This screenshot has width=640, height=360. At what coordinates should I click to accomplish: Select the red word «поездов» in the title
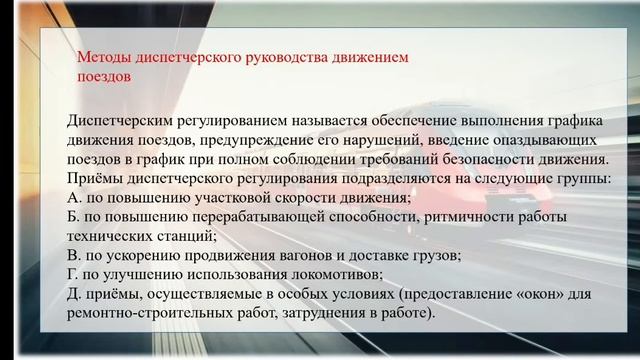tap(103, 76)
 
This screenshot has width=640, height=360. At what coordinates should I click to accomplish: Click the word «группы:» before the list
tap(585, 178)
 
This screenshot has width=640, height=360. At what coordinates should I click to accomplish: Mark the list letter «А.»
tap(77, 197)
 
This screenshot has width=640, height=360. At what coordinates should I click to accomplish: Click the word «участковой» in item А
tap(218, 197)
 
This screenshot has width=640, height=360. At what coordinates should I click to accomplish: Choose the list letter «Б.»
tap(77, 217)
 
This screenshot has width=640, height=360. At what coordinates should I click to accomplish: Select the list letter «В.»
tap(77, 255)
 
